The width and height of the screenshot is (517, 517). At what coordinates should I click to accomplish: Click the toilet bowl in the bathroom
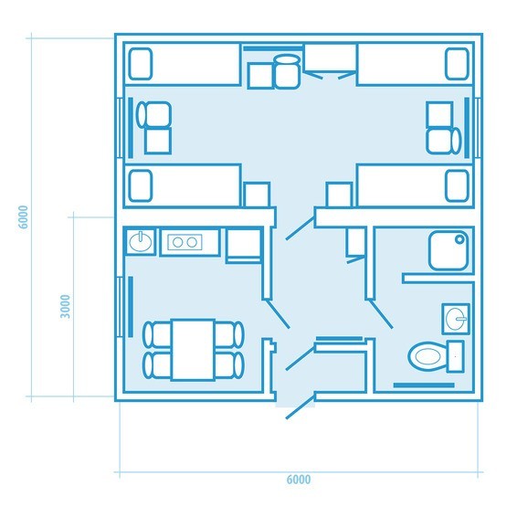click(427, 356)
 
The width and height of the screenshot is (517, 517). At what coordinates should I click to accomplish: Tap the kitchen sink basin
click(141, 242)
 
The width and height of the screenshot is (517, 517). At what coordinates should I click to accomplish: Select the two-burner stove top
click(185, 242)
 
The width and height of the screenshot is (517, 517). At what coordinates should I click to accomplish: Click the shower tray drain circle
click(459, 239)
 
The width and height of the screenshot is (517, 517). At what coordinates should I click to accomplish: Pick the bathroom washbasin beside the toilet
click(456, 319)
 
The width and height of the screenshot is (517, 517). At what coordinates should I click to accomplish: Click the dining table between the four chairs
click(194, 350)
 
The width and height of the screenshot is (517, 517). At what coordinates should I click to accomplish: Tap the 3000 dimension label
click(65, 306)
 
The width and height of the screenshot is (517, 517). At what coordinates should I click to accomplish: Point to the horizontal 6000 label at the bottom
click(299, 480)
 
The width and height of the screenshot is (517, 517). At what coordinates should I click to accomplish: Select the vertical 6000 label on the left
click(23, 217)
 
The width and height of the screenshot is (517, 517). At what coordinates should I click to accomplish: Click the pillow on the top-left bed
click(141, 64)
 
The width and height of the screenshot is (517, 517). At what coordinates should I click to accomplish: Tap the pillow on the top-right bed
click(457, 64)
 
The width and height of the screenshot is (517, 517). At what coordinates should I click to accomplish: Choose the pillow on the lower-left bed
click(141, 185)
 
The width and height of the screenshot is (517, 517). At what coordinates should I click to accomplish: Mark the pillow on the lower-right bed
click(457, 185)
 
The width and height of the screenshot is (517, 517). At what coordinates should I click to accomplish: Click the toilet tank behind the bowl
click(455, 356)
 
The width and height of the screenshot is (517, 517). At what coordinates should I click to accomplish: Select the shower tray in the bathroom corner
click(448, 250)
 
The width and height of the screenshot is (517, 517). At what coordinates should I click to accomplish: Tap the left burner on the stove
click(177, 242)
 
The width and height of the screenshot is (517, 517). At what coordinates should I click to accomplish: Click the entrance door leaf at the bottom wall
click(300, 407)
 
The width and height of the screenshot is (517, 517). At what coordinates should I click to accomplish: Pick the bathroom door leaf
click(381, 314)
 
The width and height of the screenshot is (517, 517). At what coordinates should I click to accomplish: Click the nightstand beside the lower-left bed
click(257, 195)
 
